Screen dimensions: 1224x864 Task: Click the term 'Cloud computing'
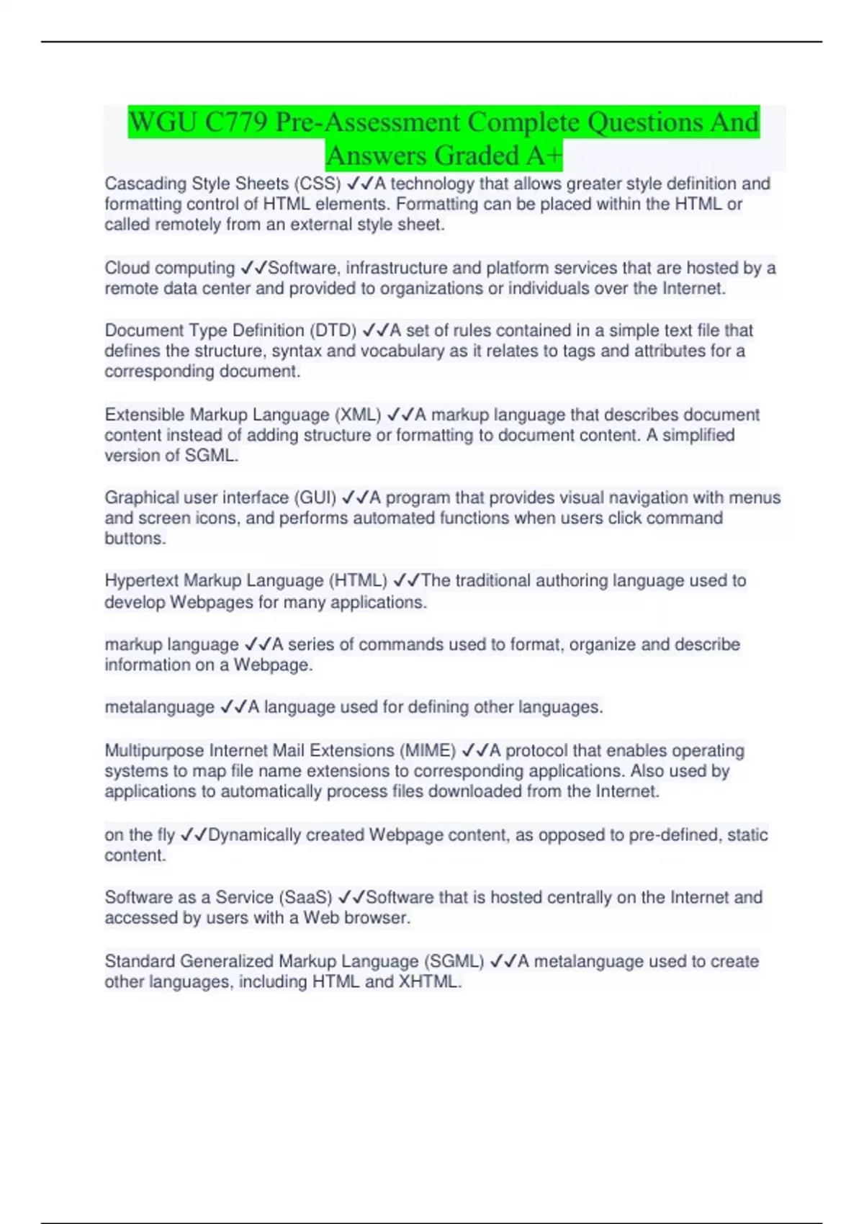[169, 268]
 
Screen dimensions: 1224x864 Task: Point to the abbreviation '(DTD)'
[333, 330]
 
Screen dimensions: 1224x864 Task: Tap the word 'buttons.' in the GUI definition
[135, 539]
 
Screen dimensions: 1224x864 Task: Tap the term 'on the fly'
[140, 834]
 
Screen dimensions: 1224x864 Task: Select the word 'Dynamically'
[249, 834]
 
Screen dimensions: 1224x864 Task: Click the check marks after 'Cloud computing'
[253, 268]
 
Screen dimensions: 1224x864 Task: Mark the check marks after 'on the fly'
[194, 834]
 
